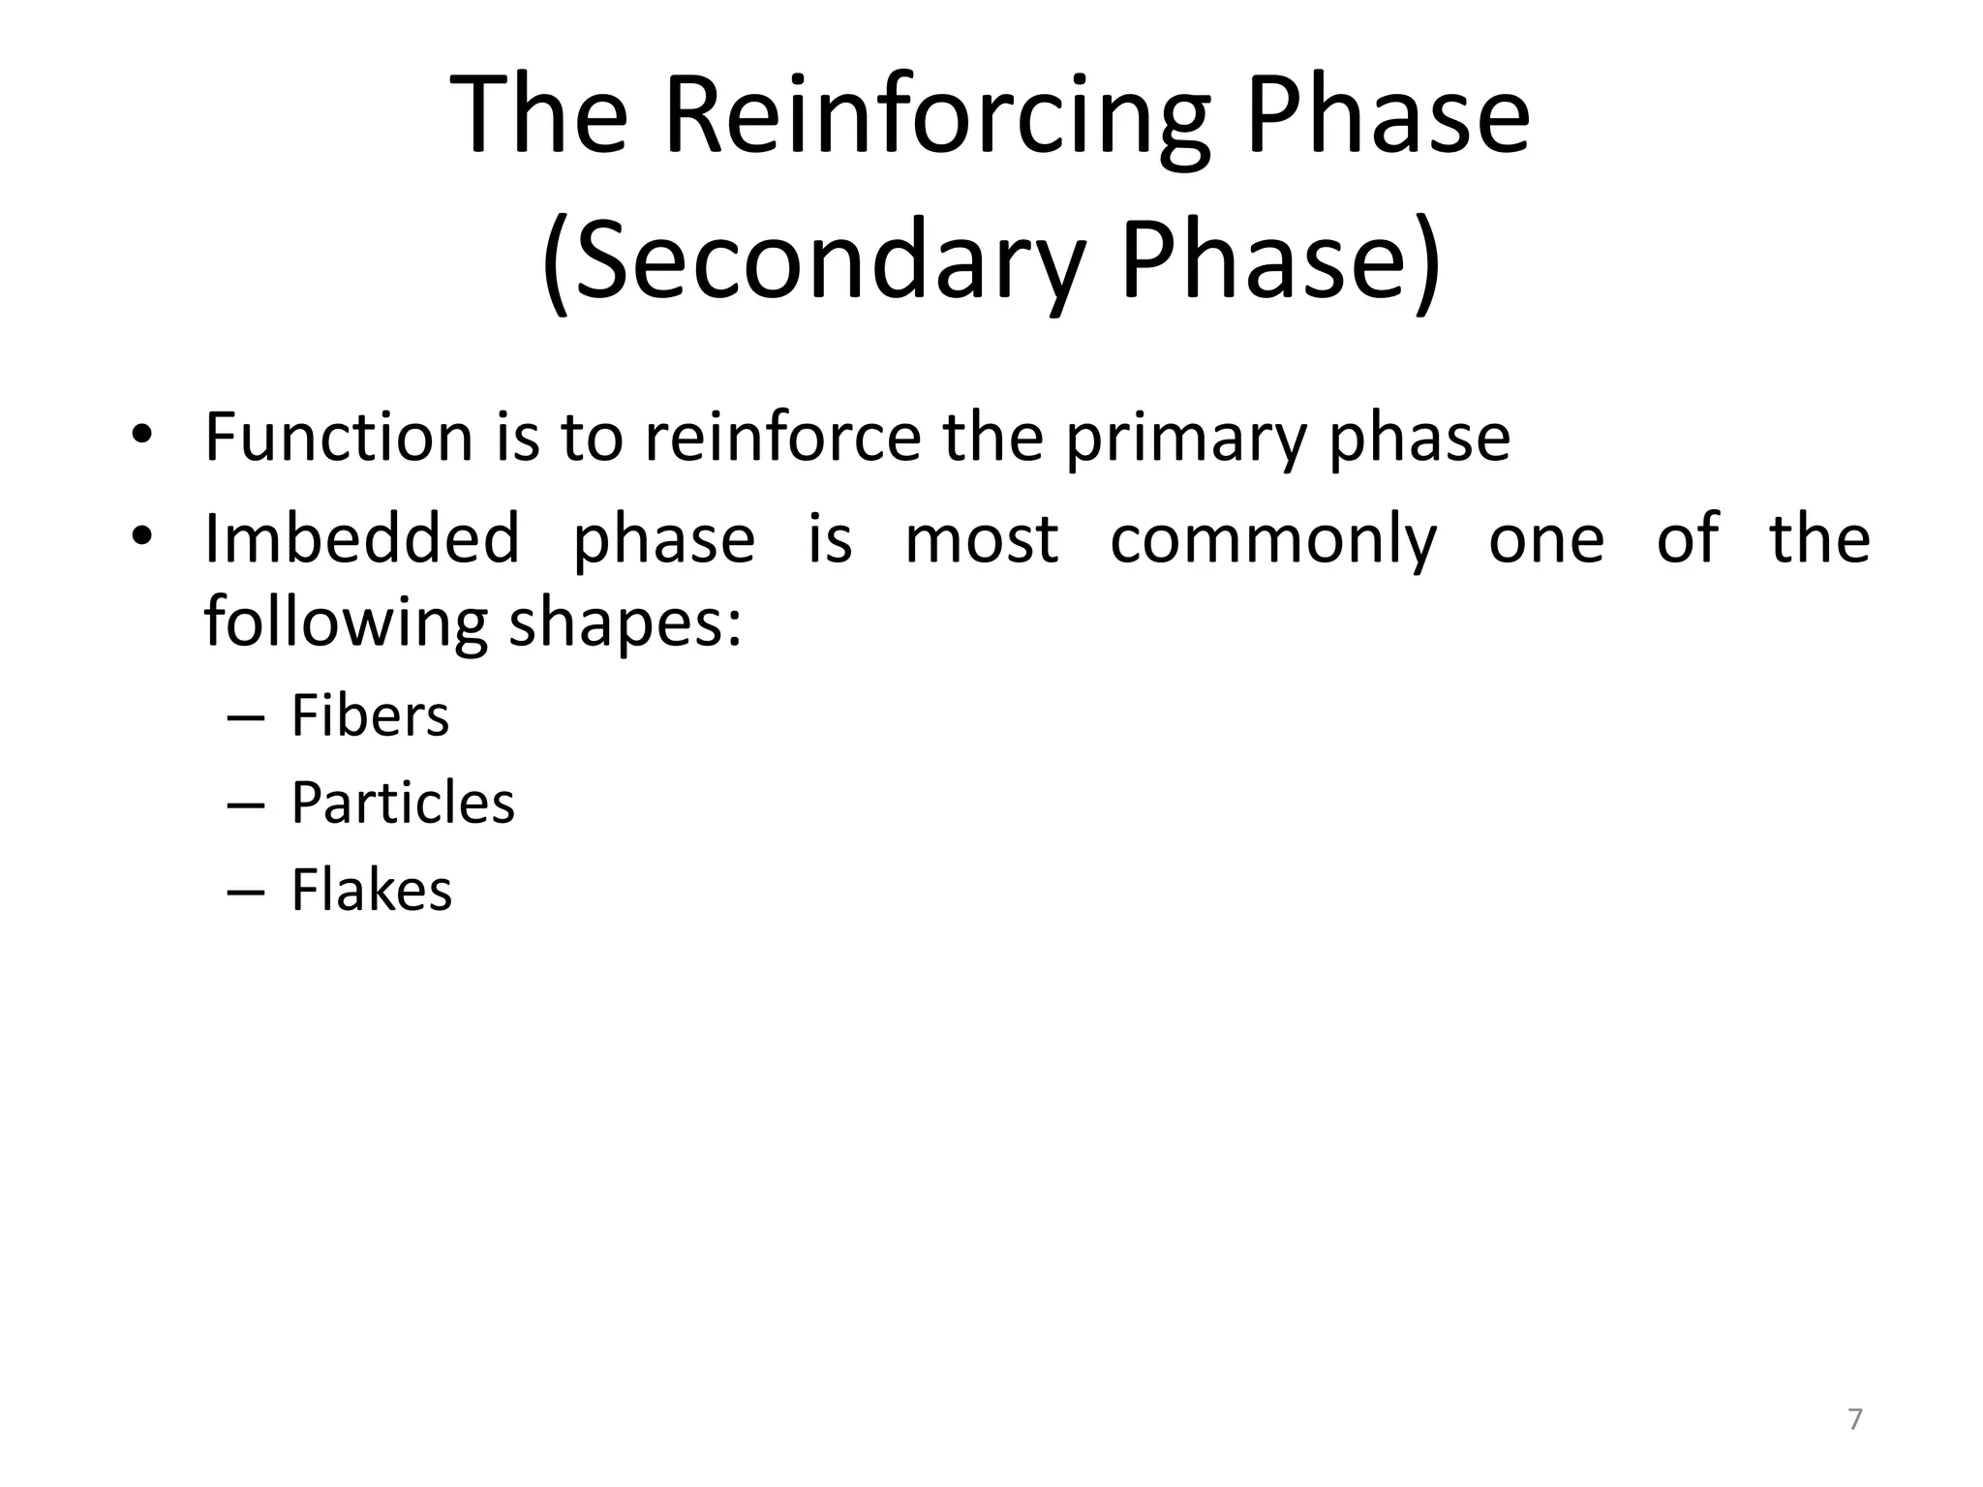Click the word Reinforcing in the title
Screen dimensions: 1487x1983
pyautogui.click(x=935, y=118)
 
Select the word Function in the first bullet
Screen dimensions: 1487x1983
pyautogui.click(x=338, y=438)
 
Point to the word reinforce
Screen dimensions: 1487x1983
pyautogui.click(x=782, y=438)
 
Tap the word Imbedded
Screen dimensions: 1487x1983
pyautogui.click(x=362, y=538)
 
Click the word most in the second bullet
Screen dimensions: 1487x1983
pyautogui.click(x=981, y=540)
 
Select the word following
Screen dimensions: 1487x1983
pyautogui.click(x=346, y=623)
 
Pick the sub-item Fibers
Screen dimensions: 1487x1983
pyautogui.click(x=370, y=716)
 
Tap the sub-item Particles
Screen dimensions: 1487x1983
pyautogui.click(x=403, y=803)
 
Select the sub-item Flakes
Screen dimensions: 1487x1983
pyautogui.click(x=371, y=890)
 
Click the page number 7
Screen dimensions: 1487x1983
pyautogui.click(x=1854, y=1419)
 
